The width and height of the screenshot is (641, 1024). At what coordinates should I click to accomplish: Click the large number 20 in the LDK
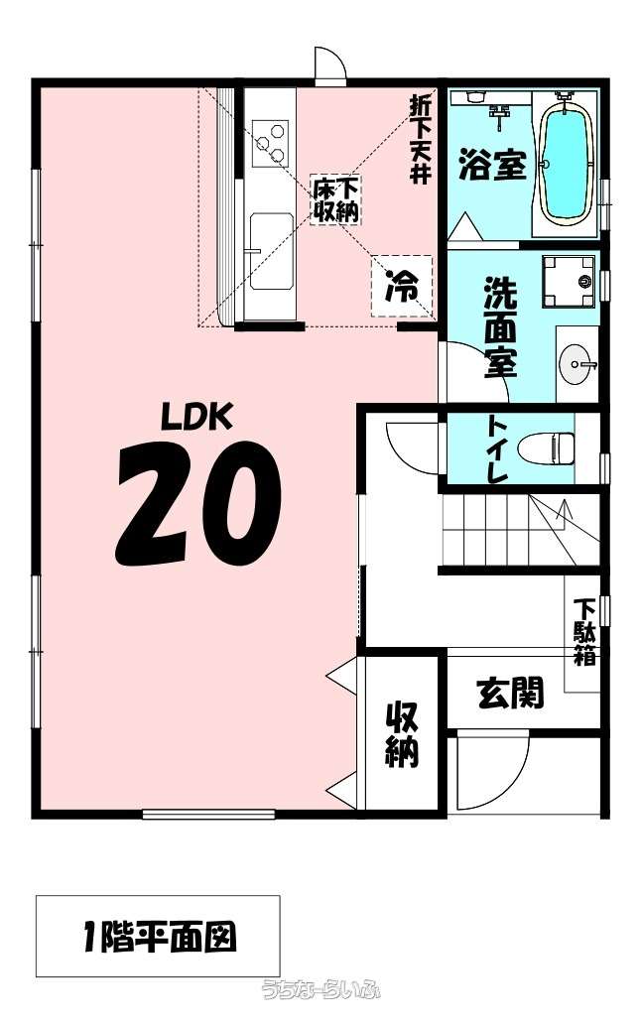click(x=198, y=503)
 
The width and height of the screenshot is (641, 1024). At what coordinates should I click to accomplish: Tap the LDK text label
click(x=197, y=416)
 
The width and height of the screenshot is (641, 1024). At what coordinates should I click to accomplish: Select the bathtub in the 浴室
click(x=565, y=164)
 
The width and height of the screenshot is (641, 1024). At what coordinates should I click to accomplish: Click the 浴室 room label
click(x=493, y=164)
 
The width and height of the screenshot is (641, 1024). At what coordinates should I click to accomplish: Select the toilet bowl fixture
click(x=546, y=448)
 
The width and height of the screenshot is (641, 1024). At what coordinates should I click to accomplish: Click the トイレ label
click(x=496, y=449)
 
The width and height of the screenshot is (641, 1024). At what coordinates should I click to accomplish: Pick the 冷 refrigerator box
click(x=402, y=286)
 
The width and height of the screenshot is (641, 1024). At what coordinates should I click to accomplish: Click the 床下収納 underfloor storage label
click(x=334, y=199)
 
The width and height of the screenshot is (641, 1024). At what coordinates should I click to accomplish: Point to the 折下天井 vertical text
click(x=419, y=139)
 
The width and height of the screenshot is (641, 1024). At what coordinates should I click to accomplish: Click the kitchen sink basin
click(x=271, y=251)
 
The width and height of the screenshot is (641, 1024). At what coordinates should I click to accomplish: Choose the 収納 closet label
click(x=401, y=734)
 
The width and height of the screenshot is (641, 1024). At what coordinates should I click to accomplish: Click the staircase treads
click(x=520, y=530)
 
